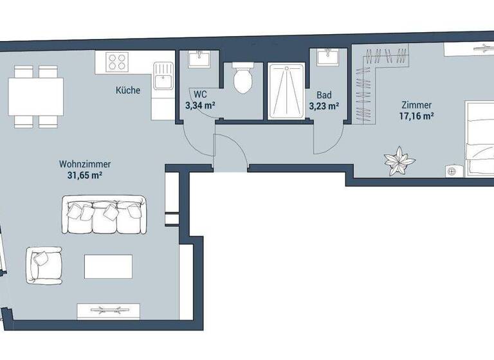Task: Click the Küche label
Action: coord(128,91)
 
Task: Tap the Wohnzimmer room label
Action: coord(80,165)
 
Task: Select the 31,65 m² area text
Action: coord(80,175)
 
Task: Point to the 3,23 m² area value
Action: coord(324,107)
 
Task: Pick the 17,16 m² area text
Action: coord(416,116)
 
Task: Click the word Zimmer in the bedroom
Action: coord(416,105)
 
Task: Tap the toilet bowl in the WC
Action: coord(242,79)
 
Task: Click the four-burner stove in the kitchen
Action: coord(117,62)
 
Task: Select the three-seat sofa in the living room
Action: coord(104,216)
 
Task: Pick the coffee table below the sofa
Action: coord(108,265)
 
